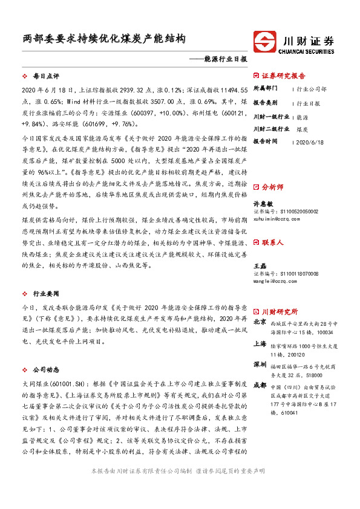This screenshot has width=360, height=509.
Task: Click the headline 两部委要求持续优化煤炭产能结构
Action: click(101, 39)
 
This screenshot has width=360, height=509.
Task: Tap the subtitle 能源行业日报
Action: click(226, 60)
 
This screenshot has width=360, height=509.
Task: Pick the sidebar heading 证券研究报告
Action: click(283, 76)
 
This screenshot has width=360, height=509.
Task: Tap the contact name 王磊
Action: click(260, 266)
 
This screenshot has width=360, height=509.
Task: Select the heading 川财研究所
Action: click(279, 312)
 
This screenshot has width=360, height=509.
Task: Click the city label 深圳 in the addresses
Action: click(260, 365)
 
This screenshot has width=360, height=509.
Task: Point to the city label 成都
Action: click(260, 385)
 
